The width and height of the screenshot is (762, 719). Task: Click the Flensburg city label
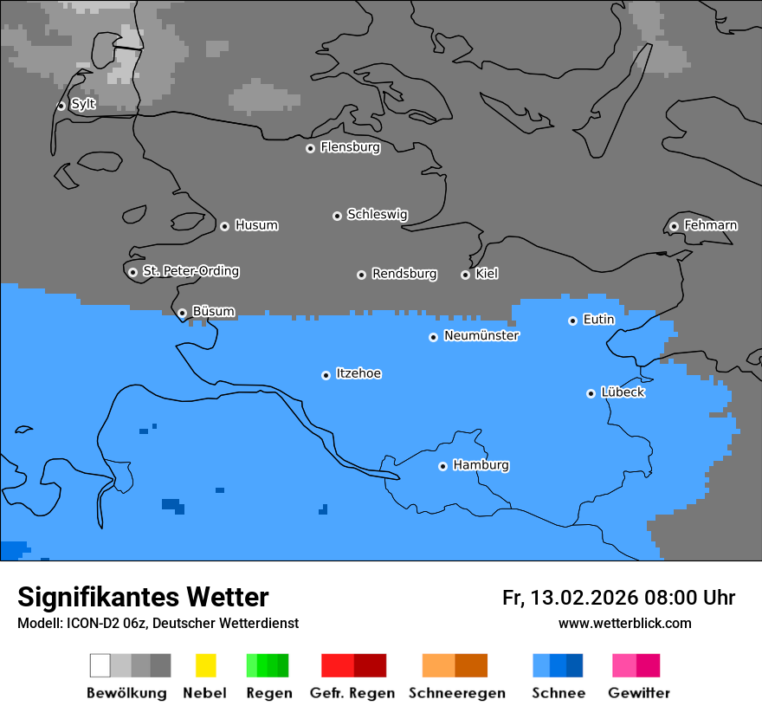pos(350,147)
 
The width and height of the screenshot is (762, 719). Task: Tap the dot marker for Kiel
pos(465,275)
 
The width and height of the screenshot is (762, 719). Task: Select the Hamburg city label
pos(481,465)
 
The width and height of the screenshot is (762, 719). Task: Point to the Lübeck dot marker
pos(591,393)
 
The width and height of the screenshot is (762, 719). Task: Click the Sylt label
pos(83,104)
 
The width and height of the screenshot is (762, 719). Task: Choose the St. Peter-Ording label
pos(190,271)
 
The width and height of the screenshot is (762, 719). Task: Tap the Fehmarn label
pos(710,225)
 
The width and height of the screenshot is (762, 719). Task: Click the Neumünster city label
pos(481,335)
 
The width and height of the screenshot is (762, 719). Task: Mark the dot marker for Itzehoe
pos(326,375)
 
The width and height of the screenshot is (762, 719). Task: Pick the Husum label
pos(256,225)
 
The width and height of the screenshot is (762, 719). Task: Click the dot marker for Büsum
pos(182,313)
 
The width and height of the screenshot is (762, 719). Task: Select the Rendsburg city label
pos(404,274)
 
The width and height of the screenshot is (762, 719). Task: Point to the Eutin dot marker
pos(572,321)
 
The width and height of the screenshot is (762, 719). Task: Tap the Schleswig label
pos(377,214)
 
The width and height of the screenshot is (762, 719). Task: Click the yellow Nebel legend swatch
pos(205,665)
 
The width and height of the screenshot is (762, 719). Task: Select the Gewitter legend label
pos(638,693)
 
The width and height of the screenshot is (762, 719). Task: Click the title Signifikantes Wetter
pos(143,597)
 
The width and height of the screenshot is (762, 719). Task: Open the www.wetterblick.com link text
pos(624,623)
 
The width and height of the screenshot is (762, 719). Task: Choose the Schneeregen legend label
pos(456,693)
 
